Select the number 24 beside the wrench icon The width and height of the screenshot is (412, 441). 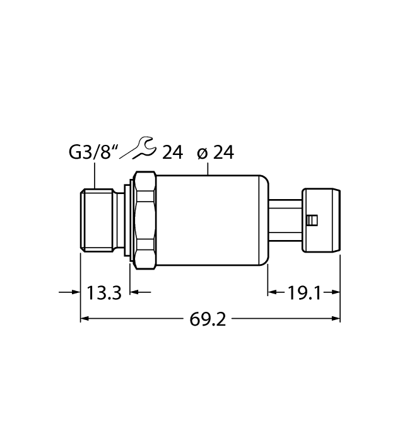click(172, 152)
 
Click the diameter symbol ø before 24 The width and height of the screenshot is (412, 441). click(203, 153)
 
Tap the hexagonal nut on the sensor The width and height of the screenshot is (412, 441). click(145, 219)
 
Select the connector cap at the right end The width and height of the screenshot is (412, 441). click(322, 219)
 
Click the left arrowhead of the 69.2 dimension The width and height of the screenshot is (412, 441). click(85, 319)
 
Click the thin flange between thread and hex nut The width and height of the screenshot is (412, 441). click(131, 219)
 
